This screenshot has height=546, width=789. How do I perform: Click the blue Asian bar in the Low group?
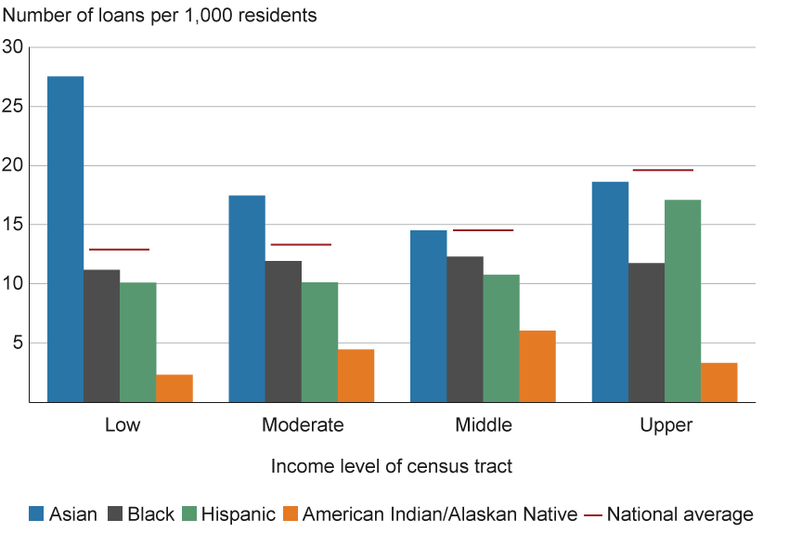[66, 239]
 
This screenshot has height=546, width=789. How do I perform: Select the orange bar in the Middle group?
[537, 366]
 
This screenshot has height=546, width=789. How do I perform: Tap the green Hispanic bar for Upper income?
[683, 301]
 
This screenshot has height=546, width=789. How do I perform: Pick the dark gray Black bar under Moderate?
[283, 331]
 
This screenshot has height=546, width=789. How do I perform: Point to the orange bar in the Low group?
[175, 388]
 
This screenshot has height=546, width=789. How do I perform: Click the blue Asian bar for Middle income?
[428, 316]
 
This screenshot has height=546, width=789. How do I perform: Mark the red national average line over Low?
[119, 249]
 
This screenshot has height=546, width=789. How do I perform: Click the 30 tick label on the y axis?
[12, 47]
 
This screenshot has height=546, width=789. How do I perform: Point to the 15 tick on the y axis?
[12, 225]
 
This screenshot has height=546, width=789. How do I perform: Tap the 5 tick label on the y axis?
[16, 343]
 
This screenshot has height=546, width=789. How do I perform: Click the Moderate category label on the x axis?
[303, 425]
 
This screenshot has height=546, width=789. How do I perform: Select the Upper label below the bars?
[665, 425]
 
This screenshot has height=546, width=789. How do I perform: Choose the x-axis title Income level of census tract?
[392, 466]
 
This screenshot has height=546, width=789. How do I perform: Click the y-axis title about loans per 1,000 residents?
[160, 16]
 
